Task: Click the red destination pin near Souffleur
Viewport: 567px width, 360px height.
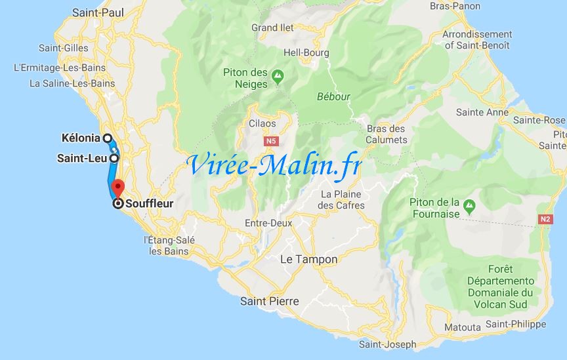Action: click(x=116, y=187)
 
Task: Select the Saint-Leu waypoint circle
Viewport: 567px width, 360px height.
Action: click(x=114, y=158)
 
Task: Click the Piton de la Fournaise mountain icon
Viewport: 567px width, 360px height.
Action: click(x=470, y=207)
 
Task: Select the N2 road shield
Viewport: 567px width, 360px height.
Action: click(x=545, y=219)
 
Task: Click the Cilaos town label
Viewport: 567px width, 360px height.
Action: click(x=262, y=123)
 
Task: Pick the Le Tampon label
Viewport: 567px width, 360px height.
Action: click(x=308, y=260)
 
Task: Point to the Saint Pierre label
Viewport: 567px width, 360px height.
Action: click(x=269, y=302)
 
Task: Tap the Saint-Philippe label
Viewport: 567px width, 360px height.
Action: click(x=516, y=325)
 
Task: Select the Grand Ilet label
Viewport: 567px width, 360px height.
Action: click(x=274, y=28)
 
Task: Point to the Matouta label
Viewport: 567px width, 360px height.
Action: click(x=463, y=327)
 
